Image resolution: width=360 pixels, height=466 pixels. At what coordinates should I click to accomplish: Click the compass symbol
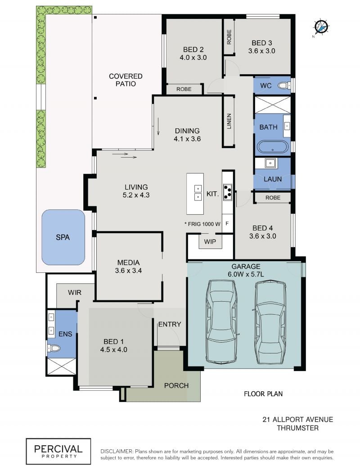click(321, 27)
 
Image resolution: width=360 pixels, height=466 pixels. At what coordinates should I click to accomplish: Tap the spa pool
click(63, 237)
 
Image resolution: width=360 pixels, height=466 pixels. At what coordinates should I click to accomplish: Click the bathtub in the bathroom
click(272, 147)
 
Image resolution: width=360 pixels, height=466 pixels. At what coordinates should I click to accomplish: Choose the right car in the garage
click(270, 322)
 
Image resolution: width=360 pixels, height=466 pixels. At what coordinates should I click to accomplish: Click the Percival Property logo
click(58, 451)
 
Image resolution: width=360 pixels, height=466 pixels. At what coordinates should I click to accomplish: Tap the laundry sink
click(270, 163)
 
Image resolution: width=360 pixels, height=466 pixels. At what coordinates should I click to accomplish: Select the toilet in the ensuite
click(54, 348)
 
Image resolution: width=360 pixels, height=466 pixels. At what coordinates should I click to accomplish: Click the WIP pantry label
click(210, 242)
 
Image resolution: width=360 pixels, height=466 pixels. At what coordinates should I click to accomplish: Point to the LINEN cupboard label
click(229, 121)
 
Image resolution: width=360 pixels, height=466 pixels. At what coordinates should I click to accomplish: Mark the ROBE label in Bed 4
click(273, 198)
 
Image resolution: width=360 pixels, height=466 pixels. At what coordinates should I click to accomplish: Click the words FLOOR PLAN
click(263, 394)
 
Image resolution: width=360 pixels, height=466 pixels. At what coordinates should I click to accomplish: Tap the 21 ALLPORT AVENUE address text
click(298, 419)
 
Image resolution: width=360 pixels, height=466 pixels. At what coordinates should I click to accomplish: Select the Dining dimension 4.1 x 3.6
click(187, 139)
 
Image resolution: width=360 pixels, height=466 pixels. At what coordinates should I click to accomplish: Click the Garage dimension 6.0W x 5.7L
click(246, 274)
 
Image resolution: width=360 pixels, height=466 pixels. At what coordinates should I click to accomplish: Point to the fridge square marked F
click(227, 223)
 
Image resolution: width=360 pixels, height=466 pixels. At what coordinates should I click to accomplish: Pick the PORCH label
click(176, 385)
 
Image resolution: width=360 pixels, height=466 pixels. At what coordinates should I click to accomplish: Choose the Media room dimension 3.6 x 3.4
click(128, 271)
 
